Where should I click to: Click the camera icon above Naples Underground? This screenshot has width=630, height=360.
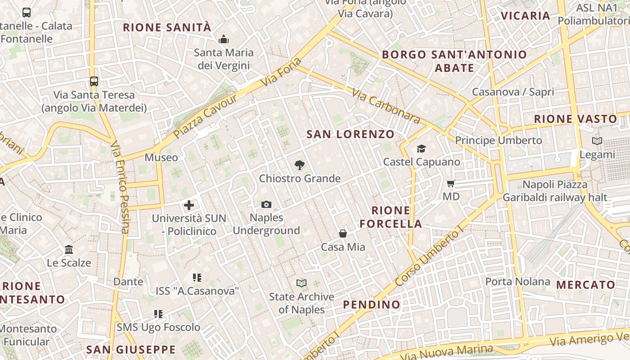coord(266,205)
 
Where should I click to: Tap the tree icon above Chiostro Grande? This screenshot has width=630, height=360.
coord(299,165)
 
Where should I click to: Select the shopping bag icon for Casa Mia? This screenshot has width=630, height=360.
coord(343,234)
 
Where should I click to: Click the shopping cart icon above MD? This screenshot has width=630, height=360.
coord(450,184)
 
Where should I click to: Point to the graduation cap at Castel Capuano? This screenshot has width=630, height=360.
coord(421,148)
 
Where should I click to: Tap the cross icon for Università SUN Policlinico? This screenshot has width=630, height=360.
coord(189,206)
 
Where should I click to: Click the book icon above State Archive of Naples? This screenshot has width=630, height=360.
coord(301,283)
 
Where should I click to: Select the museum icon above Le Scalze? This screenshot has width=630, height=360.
coord(69,249)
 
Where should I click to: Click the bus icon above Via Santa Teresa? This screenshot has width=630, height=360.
coord(94,81)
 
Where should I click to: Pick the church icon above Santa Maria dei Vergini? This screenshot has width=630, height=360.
coord(224,40)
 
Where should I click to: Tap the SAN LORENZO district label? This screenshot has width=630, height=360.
coord(350,134)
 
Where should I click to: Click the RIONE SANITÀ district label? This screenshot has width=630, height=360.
coord(167,27)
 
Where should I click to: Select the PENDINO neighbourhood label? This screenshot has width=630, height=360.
coord(372,305)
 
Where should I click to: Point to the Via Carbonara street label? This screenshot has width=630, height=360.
coord(386,106)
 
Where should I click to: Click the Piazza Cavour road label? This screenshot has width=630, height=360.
coord(205,117)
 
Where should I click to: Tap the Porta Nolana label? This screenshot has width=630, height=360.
coord(517,282)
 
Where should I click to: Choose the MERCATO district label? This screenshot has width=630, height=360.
coord(586,285)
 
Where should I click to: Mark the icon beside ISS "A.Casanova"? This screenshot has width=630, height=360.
coord(197,278)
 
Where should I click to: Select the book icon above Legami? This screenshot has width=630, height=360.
coord(597,141)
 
